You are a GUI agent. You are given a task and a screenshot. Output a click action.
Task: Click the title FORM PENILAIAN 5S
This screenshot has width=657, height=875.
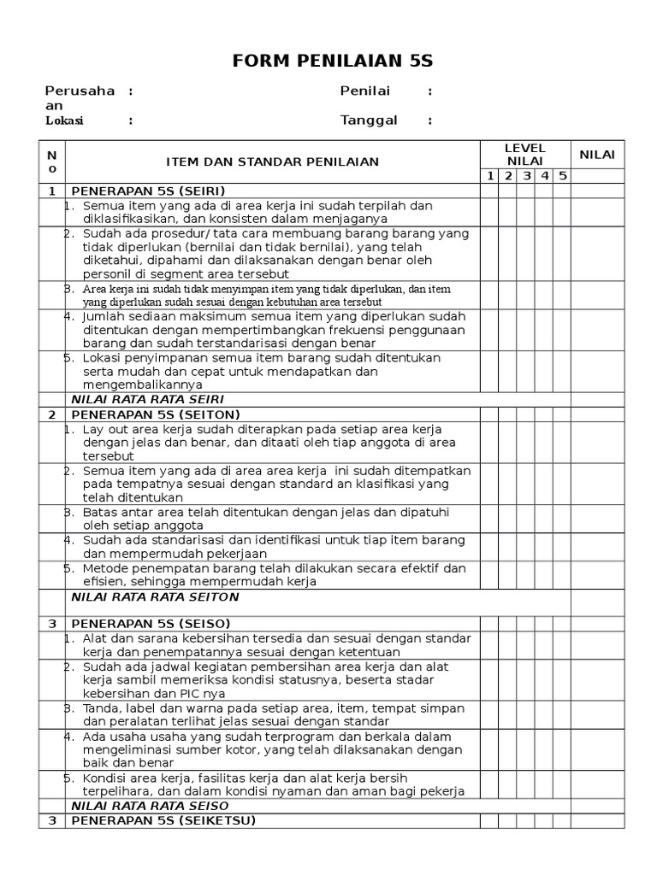pos(333,61)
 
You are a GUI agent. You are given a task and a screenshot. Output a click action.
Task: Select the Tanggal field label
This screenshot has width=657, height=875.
pos(369,120)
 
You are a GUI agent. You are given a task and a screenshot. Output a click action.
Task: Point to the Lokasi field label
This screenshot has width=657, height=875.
pos(64,120)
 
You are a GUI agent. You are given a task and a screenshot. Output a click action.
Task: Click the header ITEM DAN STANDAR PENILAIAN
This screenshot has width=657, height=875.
pos(272,161)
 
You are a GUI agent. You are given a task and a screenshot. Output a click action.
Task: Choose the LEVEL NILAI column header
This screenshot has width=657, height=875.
pos(524,155)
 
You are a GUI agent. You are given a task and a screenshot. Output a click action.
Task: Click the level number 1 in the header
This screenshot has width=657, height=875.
pos(490,176)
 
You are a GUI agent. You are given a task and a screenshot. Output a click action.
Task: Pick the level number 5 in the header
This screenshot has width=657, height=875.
pos(562,176)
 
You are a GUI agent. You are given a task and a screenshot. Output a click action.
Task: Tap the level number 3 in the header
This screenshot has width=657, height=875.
pos(527,176)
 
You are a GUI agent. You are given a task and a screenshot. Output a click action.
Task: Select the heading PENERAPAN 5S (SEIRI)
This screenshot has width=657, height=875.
pos(153,191)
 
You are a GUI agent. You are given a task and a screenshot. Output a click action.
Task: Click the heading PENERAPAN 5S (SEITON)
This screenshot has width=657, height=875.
pos(156,414)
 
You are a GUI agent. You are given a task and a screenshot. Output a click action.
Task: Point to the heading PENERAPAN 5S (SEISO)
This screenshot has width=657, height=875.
pos(151,624)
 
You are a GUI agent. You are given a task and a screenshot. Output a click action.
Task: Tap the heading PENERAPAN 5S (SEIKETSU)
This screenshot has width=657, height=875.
pos(163,820)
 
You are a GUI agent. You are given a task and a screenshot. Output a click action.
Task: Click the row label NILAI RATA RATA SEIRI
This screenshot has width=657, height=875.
pos(147,399)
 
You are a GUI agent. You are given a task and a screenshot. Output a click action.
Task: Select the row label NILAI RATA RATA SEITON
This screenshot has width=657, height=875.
pos(155,596)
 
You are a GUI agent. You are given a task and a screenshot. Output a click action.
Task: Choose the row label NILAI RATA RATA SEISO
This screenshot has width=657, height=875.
pos(150,806)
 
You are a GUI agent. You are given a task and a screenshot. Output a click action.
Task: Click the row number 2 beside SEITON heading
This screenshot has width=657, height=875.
pos(51,414)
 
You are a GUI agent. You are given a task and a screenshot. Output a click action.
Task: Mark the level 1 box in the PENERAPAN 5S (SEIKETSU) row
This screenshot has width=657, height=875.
pos(488,821)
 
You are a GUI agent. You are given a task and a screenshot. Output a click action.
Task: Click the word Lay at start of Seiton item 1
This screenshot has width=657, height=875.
pos(93,429)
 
